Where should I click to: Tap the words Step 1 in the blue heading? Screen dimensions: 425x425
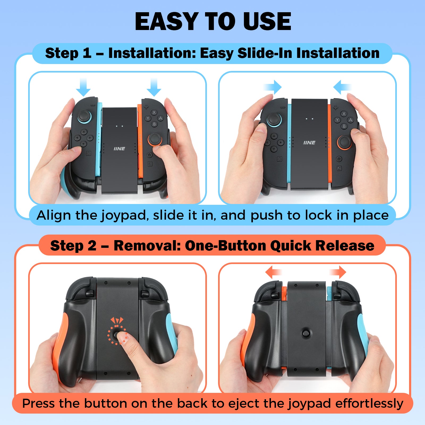[68, 53]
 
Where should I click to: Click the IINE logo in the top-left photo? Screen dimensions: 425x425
[119, 149]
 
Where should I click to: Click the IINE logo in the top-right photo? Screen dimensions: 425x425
[309, 143]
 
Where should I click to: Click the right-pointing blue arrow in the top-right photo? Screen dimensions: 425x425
[273, 87]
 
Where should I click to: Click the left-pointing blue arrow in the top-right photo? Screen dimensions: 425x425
[342, 87]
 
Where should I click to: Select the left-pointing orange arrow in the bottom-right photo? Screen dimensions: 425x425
[273, 272]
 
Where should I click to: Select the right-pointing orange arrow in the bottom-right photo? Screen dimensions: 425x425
[338, 272]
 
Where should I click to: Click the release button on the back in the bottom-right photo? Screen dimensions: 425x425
[306, 333]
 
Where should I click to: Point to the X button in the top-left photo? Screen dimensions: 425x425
[154, 112]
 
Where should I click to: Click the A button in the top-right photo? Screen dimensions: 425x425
[351, 120]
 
